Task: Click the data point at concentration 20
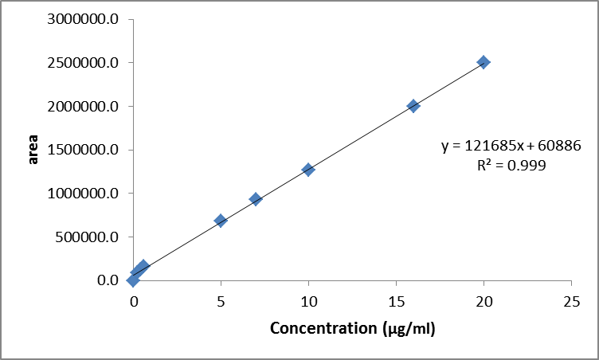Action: point(484,62)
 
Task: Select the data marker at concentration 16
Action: point(413,106)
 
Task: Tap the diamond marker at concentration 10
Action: point(308,170)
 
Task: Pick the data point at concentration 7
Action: point(256,199)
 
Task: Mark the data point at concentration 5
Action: point(221,221)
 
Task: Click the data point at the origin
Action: point(133,280)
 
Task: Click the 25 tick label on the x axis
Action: point(571,302)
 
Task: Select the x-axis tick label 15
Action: point(396,302)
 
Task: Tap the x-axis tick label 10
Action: point(308,302)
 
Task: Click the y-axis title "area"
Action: point(33,149)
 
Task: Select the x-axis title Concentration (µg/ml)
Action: point(353,328)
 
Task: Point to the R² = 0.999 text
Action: point(511,166)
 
